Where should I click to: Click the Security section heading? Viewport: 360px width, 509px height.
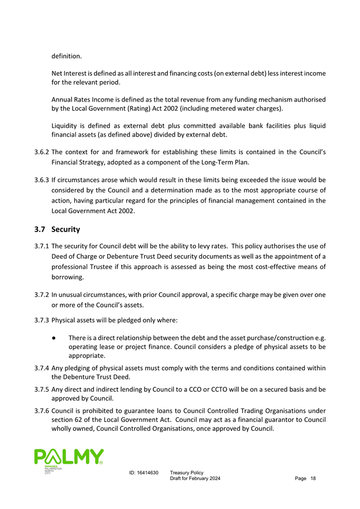(65, 229)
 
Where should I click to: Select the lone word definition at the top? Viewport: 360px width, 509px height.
(66, 56)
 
